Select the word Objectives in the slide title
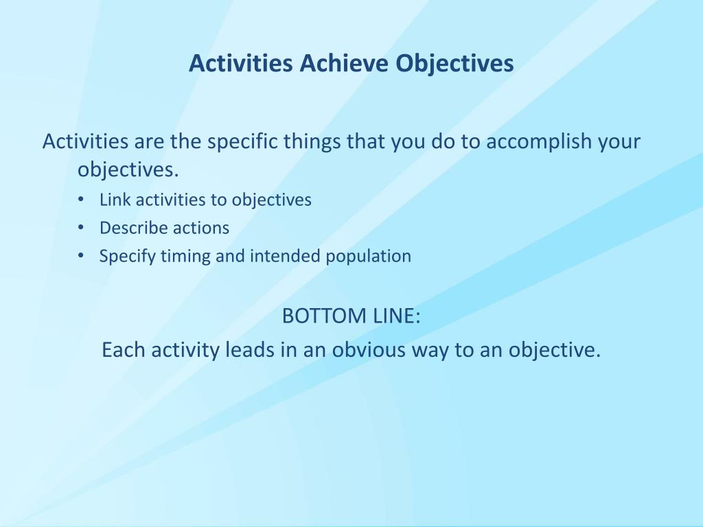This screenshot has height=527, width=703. pos(454,64)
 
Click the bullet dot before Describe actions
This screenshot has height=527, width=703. pos(81,227)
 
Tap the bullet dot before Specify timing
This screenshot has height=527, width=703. pos(81,255)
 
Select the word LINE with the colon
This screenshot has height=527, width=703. pos(397,316)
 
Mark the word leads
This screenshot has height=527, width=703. pos(246,349)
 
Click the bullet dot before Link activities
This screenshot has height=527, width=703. pos(81,199)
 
